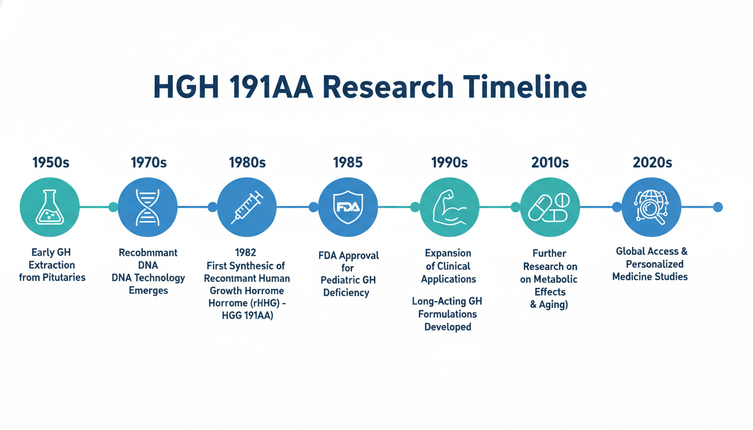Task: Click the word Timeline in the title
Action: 524,87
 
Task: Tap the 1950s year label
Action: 51,162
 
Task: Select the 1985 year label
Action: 348,162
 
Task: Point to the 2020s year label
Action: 652,162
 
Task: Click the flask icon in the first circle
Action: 50,207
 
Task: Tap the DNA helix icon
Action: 147,207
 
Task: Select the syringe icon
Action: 247,207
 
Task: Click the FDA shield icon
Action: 348,207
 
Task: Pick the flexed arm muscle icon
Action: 449,207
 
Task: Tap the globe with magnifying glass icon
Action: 651,207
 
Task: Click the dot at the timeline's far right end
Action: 718,207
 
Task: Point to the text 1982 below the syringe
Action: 245,253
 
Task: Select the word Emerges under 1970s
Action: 148,290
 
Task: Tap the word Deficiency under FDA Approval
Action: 346,293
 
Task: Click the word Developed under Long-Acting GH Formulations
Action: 448,327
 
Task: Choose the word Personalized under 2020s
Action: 654,264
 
